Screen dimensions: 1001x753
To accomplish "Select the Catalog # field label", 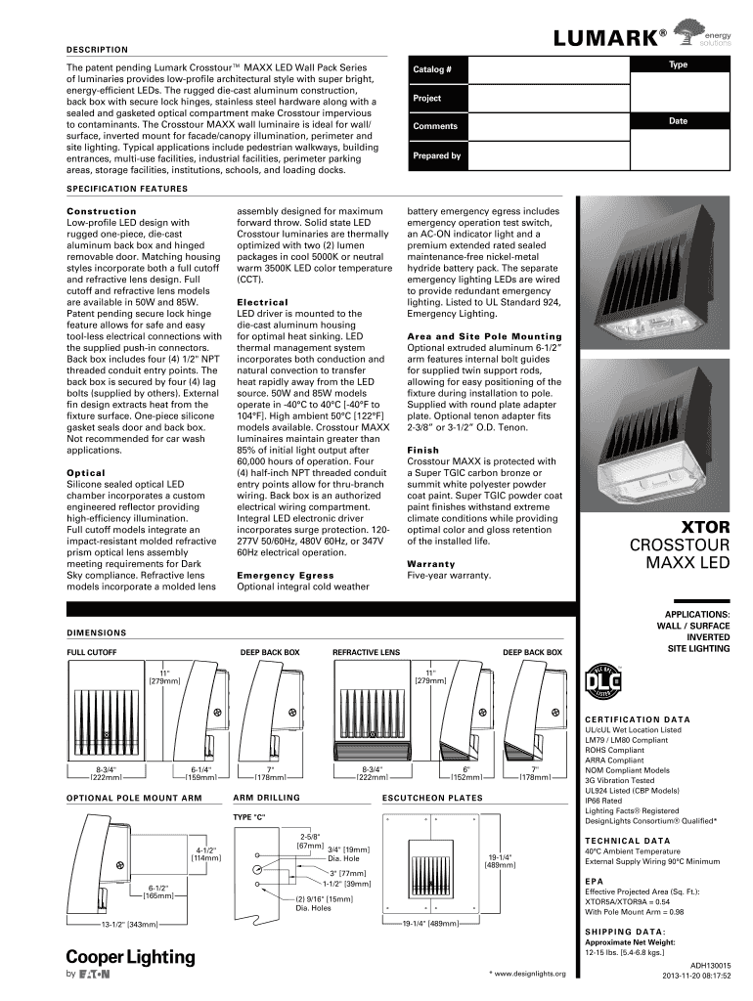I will (x=431, y=70).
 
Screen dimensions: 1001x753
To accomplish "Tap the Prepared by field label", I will (x=436, y=155).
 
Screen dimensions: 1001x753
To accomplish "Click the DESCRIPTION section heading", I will (x=97, y=49).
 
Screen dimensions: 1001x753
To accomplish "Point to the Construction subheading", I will (x=101, y=211).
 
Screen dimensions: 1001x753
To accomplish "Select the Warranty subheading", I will (x=431, y=564).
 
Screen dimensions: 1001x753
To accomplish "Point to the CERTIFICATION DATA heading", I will (x=637, y=719).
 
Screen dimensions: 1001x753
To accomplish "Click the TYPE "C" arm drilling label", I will (x=248, y=815).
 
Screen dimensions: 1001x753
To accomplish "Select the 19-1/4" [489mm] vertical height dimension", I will (x=501, y=861).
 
